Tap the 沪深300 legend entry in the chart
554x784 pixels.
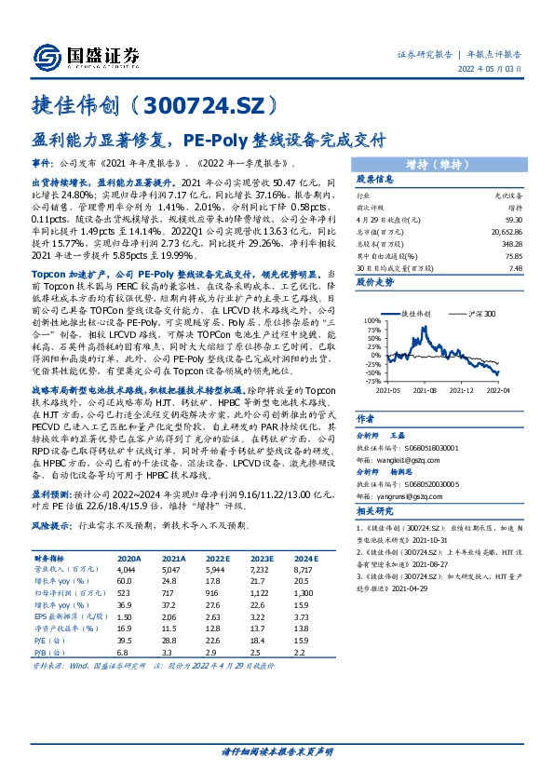click(482, 314)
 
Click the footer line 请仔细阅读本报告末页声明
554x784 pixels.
click(277, 750)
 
